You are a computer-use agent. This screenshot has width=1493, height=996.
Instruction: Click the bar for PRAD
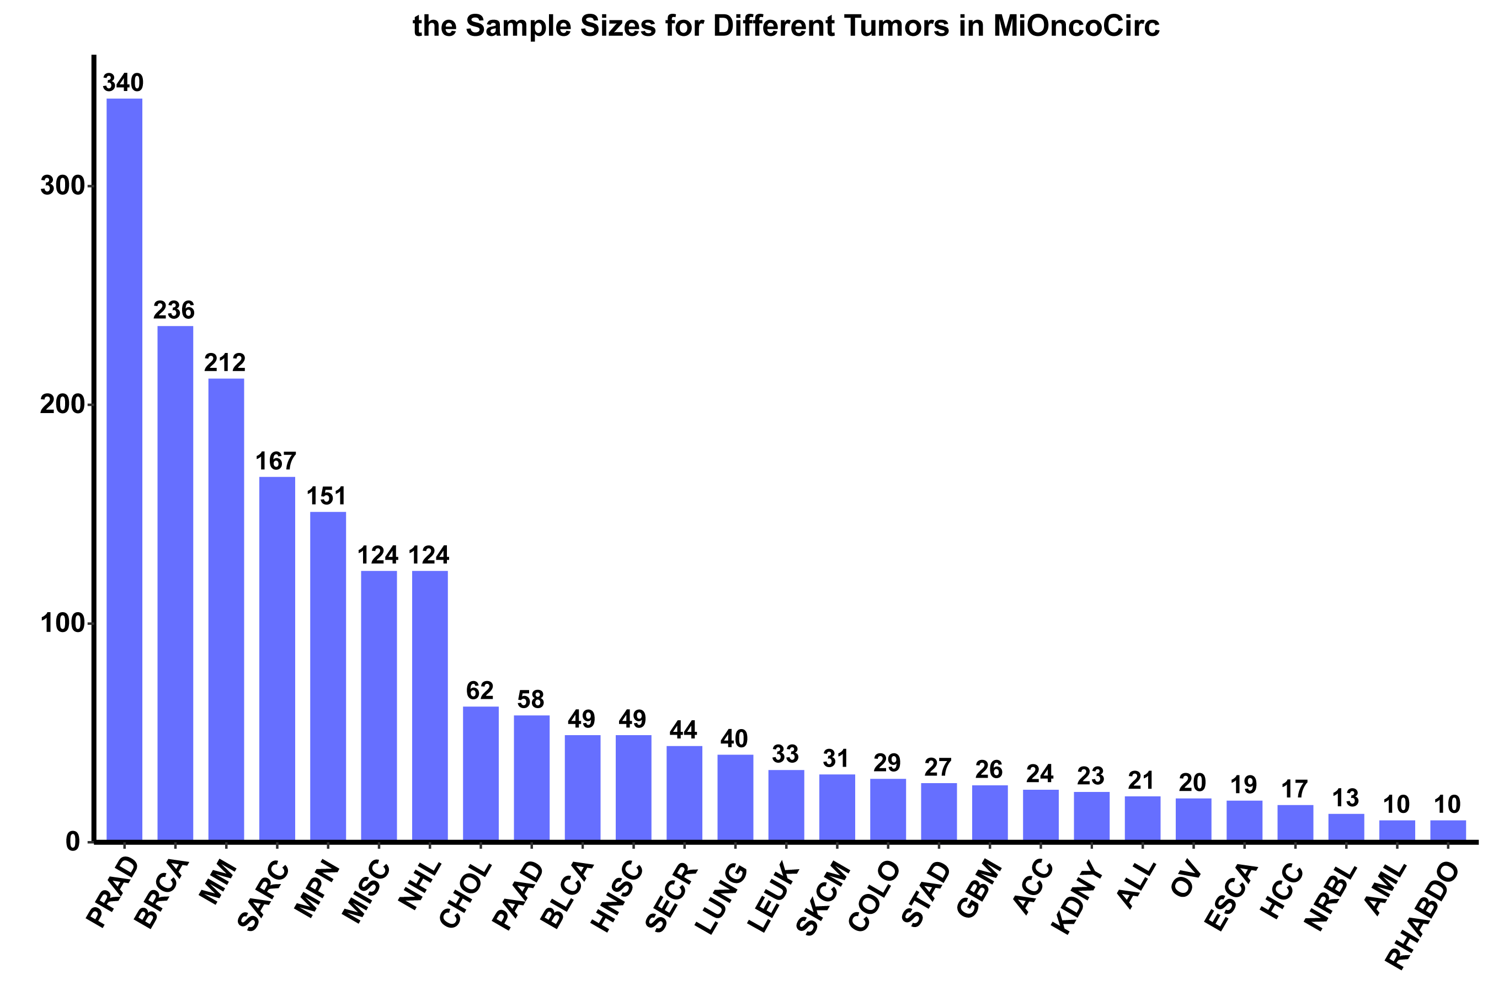[x=124, y=470]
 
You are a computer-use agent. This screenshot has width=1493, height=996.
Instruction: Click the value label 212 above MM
[x=225, y=363]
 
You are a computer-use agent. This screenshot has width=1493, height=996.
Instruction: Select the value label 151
[x=327, y=496]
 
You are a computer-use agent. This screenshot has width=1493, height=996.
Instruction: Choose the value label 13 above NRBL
[x=1346, y=798]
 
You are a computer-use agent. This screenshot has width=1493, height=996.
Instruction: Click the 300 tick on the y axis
[x=62, y=186]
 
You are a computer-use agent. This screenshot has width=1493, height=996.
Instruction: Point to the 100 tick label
[x=62, y=624]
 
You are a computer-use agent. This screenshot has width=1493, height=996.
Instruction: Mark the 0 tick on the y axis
[x=73, y=842]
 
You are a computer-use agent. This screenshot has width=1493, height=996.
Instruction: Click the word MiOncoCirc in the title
[x=1076, y=26]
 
